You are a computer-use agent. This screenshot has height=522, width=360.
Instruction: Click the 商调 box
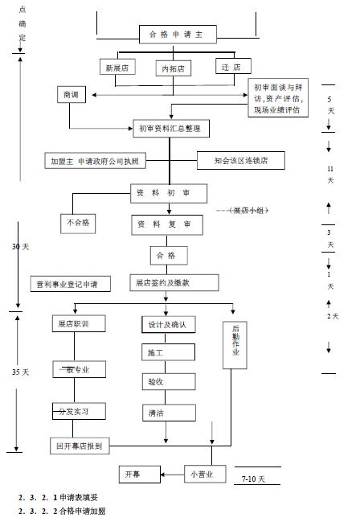pyautogui.click(x=71, y=95)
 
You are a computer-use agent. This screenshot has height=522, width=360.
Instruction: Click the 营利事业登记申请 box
pyautogui.click(x=67, y=284)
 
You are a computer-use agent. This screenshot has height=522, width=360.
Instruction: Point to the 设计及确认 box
pyautogui.click(x=166, y=324)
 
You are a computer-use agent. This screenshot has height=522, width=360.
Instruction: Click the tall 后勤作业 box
pyautogui.click(x=235, y=344)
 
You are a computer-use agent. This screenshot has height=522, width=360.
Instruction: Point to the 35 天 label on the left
pyautogui.click(x=21, y=372)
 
